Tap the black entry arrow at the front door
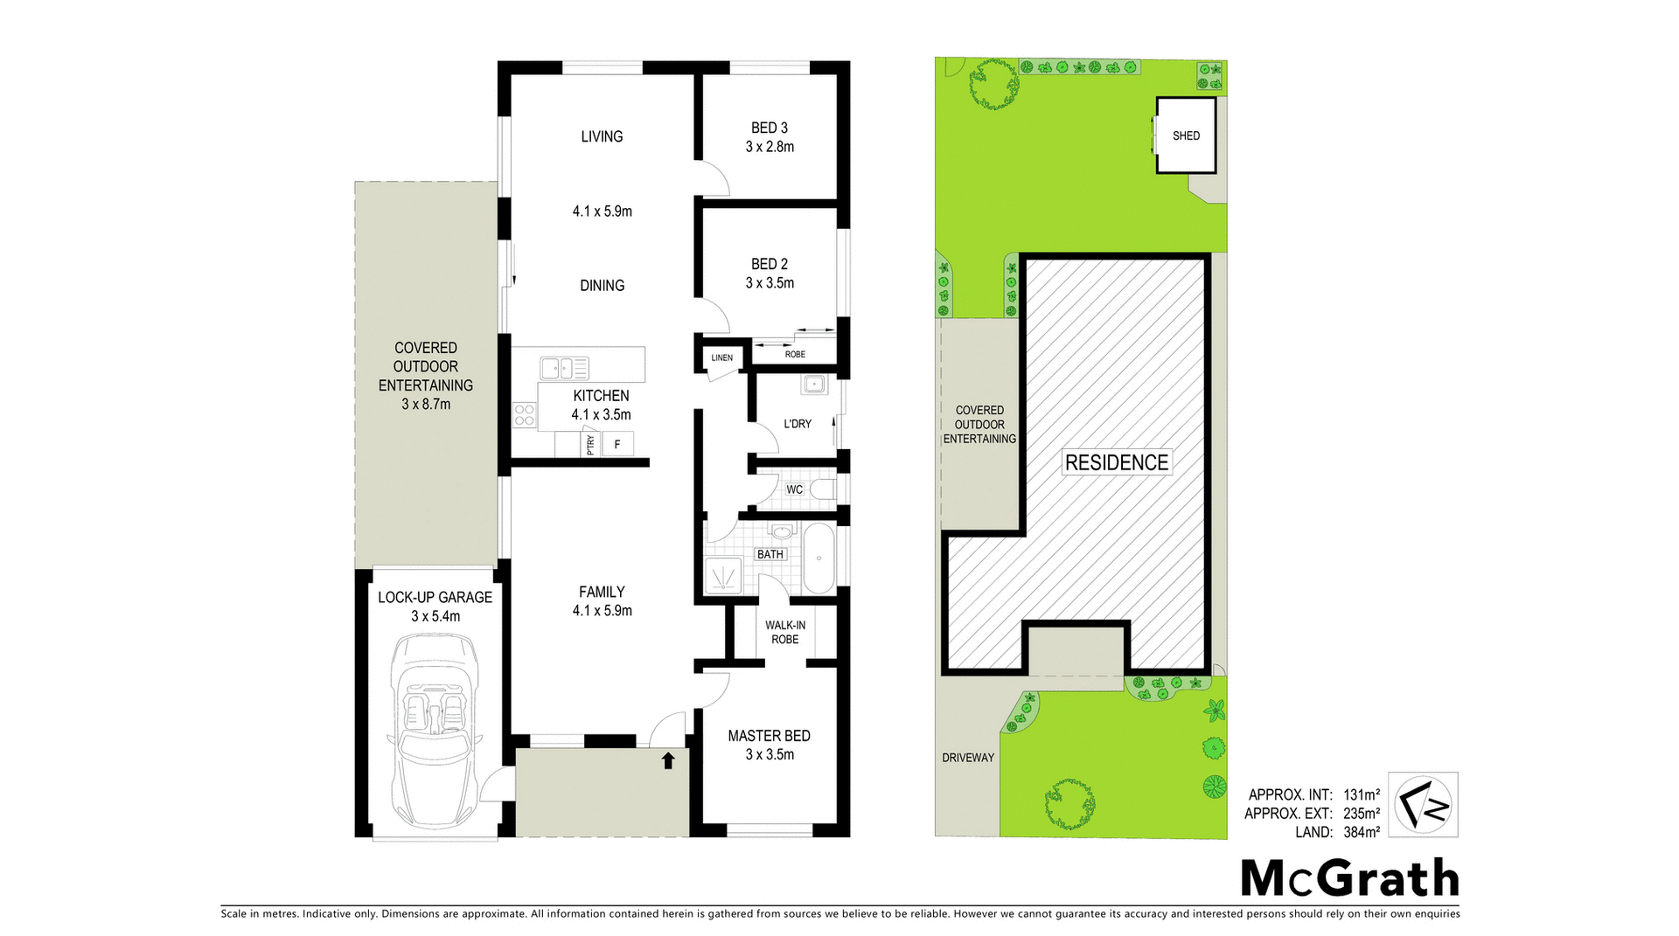tap(668, 760)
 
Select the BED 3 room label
tap(770, 128)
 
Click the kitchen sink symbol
tap(564, 367)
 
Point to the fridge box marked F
tap(617, 445)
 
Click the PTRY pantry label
tap(590, 445)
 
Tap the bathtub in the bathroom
tap(819, 559)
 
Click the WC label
tap(794, 489)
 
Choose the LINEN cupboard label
tap(721, 357)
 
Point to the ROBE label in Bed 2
tap(795, 354)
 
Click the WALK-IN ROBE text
tap(785, 632)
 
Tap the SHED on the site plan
tap(1186, 135)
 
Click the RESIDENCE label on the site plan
tap(1117, 462)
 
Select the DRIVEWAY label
tap(968, 758)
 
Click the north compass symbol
tap(1423, 805)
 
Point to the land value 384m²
tap(1362, 832)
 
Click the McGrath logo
tap(1349, 877)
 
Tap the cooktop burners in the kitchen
tap(524, 415)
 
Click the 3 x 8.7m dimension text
tap(426, 404)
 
